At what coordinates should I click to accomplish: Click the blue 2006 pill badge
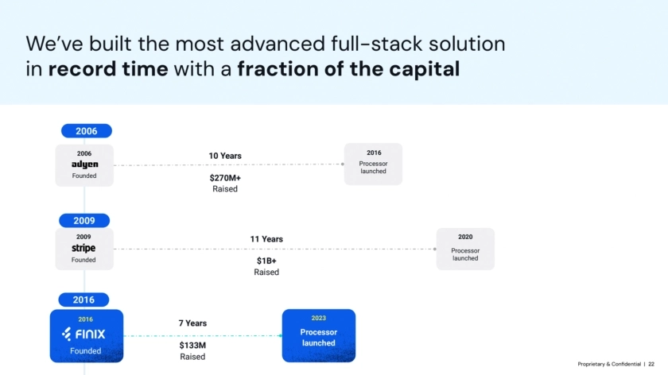pyautogui.click(x=87, y=130)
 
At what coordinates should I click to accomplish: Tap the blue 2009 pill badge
pyautogui.click(x=84, y=221)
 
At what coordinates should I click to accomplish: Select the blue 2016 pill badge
pyautogui.click(x=83, y=300)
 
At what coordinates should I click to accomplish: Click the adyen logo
pyautogui.click(x=85, y=164)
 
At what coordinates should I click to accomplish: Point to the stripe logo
pyautogui.click(x=83, y=248)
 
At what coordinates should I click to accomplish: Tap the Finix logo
pyautogui.click(x=83, y=334)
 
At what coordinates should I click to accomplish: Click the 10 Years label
pyautogui.click(x=225, y=156)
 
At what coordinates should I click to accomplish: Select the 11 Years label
pyautogui.click(x=266, y=239)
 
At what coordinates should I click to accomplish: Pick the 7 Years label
pyautogui.click(x=192, y=323)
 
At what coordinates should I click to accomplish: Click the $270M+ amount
pyautogui.click(x=225, y=178)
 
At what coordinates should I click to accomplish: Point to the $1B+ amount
pyautogui.click(x=266, y=261)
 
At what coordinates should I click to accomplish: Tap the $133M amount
pyautogui.click(x=192, y=345)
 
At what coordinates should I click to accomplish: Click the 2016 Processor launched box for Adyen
pyautogui.click(x=373, y=164)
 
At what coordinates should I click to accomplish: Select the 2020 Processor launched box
pyautogui.click(x=465, y=249)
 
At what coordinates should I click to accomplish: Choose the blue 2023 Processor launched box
pyautogui.click(x=319, y=336)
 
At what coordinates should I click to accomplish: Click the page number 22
pyautogui.click(x=651, y=364)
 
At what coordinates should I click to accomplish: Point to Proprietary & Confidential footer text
pyautogui.click(x=609, y=364)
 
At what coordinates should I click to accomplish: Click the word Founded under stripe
pyautogui.click(x=83, y=260)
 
